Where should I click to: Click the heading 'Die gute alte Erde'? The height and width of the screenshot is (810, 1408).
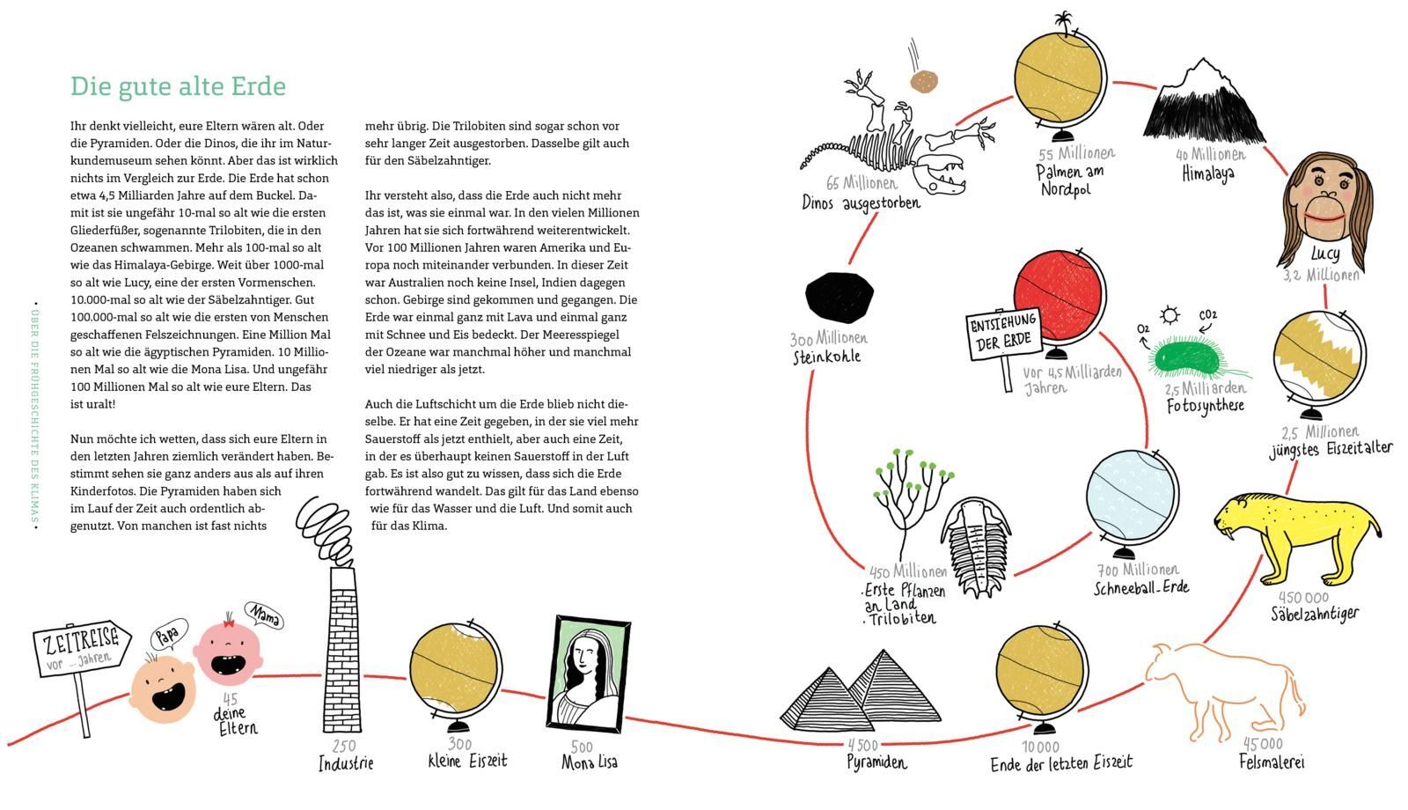179,86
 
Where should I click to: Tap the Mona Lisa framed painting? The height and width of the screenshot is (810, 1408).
591,672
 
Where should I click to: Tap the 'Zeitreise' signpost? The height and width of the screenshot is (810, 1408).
81,652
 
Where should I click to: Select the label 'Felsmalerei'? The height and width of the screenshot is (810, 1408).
1272,762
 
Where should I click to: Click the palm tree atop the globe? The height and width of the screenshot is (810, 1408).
1066,22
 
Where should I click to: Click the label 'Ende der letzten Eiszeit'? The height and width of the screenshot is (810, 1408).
1060,763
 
